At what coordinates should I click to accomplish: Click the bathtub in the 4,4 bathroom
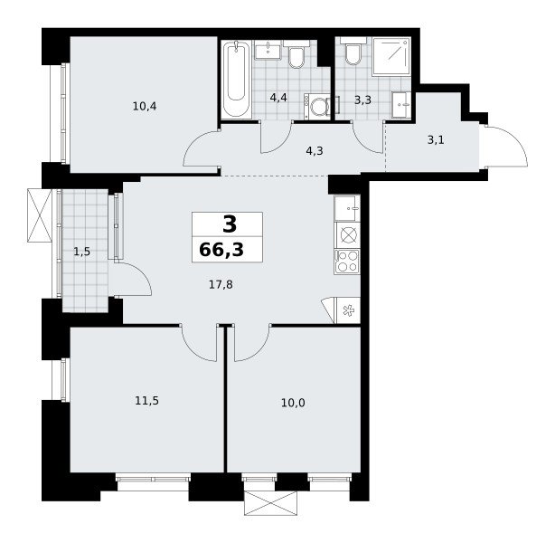(x=237, y=79)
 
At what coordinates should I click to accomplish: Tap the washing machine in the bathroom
(x=317, y=106)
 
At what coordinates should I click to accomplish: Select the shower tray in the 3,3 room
(x=390, y=56)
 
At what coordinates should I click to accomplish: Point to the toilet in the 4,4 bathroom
(x=296, y=54)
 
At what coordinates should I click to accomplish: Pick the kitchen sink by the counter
(x=347, y=207)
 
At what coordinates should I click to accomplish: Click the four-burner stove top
(x=347, y=262)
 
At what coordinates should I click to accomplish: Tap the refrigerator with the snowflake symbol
(x=348, y=310)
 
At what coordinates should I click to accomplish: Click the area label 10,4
(x=145, y=106)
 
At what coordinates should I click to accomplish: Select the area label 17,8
(x=221, y=284)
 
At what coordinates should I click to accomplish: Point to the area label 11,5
(x=147, y=401)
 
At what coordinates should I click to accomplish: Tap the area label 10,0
(x=293, y=403)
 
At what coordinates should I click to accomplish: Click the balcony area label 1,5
(x=81, y=252)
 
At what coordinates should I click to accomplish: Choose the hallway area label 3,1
(x=436, y=140)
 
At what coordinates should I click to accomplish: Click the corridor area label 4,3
(x=315, y=150)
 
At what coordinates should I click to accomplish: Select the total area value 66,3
(x=221, y=250)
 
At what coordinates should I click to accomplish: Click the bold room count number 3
(x=230, y=224)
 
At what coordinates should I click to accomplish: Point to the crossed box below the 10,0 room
(x=271, y=503)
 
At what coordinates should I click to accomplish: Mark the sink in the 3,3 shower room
(x=401, y=105)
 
